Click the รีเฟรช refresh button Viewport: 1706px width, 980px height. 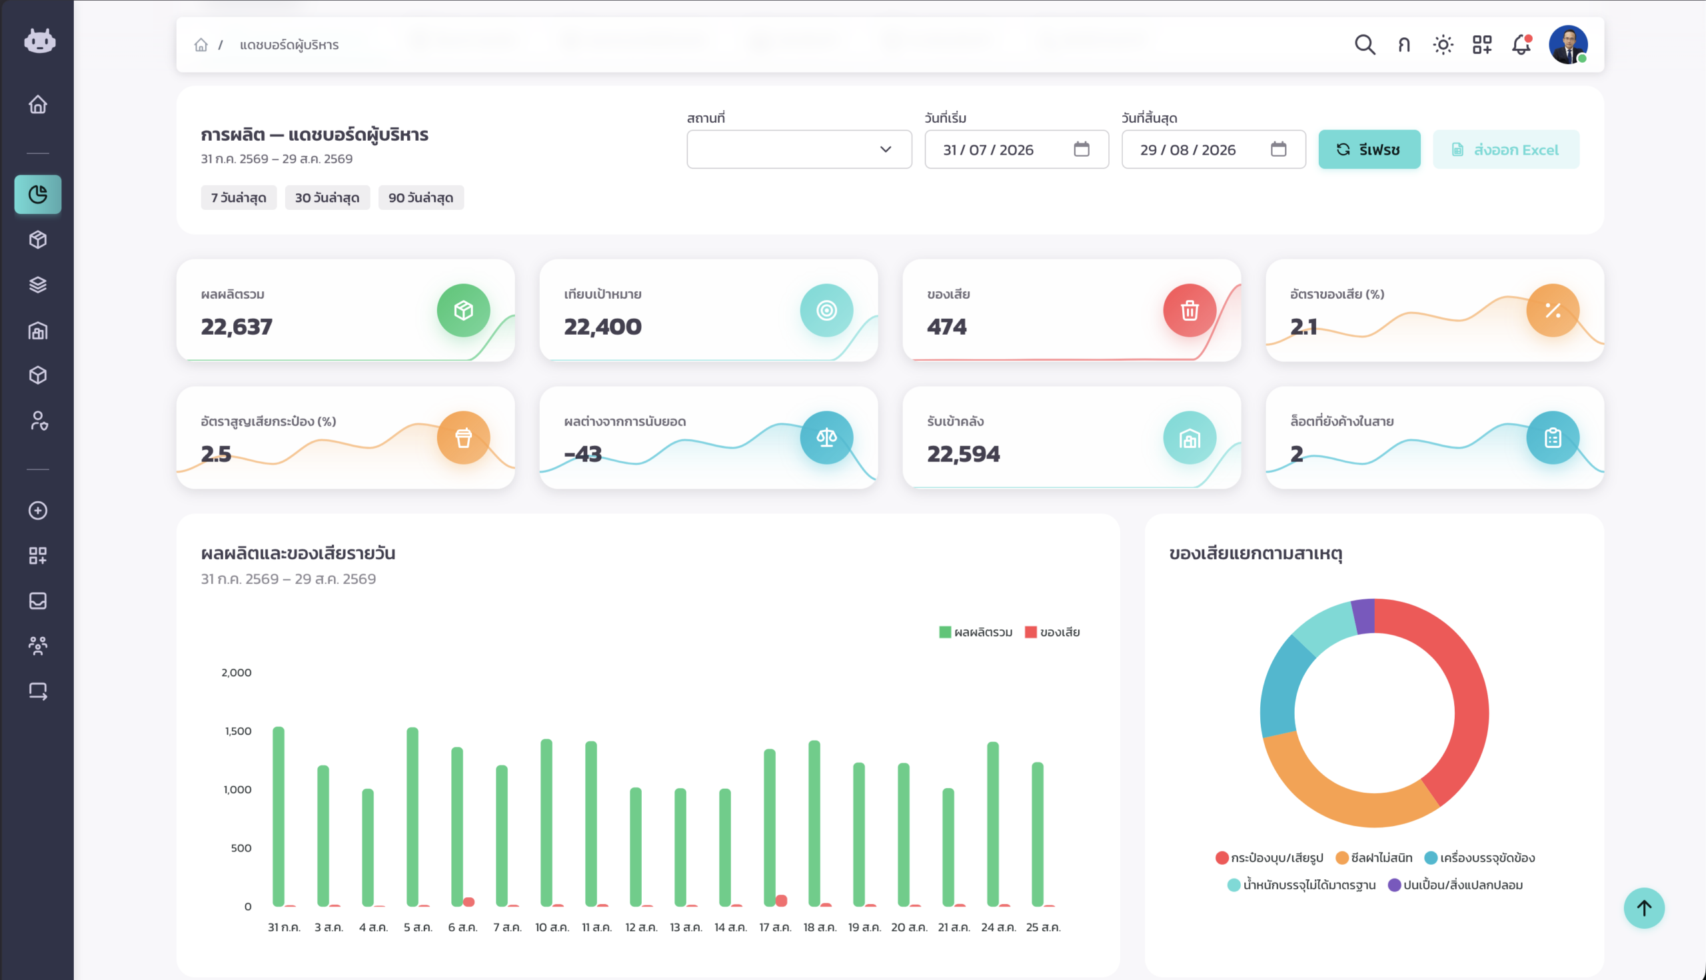click(1369, 149)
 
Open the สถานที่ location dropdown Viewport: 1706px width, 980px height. click(799, 149)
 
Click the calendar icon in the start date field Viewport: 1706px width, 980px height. click(1081, 149)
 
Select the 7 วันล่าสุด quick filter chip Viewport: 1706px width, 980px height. click(239, 198)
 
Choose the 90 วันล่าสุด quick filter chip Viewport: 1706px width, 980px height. click(421, 198)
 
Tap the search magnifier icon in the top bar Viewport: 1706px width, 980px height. click(1365, 45)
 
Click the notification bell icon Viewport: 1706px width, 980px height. click(1521, 45)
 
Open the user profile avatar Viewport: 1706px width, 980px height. click(1568, 45)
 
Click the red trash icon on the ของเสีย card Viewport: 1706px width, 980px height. click(1190, 310)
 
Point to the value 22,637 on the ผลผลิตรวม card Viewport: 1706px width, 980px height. click(237, 327)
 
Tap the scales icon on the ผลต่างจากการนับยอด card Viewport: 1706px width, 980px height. click(826, 437)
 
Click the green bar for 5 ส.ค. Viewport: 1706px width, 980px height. click(413, 817)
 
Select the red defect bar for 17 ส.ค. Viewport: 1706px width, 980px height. click(781, 901)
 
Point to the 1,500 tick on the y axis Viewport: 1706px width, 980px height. click(238, 731)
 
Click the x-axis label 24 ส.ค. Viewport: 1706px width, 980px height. click(998, 927)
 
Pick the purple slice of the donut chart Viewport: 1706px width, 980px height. click(1363, 616)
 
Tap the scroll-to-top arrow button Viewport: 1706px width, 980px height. click(1643, 908)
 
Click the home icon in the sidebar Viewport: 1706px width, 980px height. click(38, 104)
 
